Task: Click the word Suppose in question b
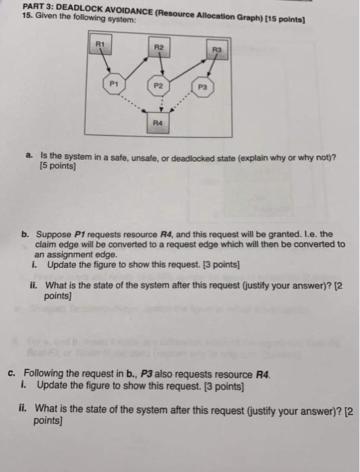pos(52,234)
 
